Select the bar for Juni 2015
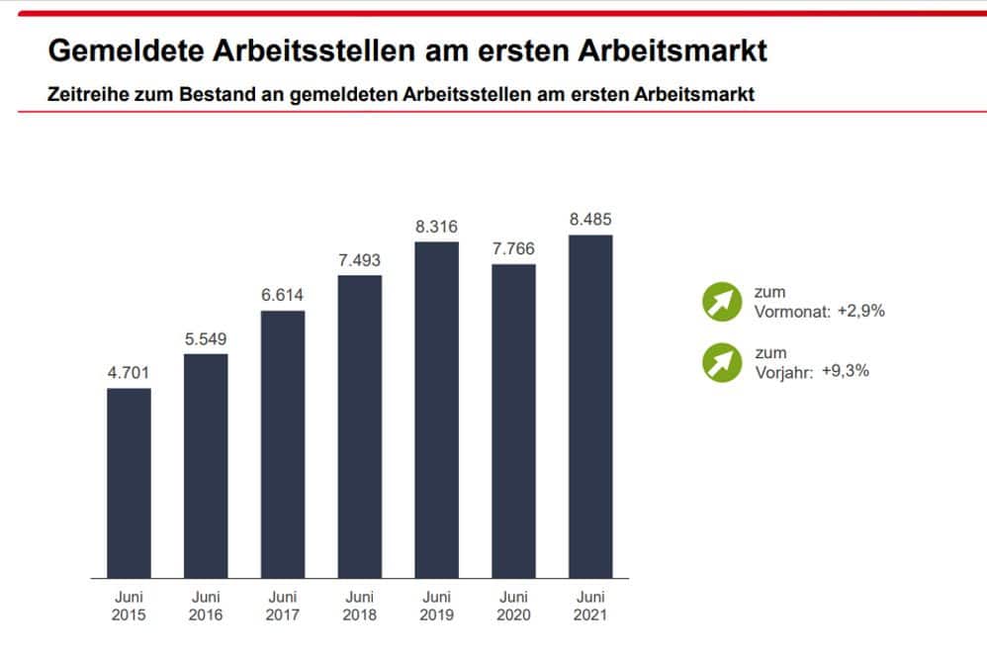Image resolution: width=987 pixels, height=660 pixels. tap(129, 483)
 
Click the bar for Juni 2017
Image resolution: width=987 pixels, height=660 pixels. tap(283, 444)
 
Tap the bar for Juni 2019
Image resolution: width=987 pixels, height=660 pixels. tap(437, 410)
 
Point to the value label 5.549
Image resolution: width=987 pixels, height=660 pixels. tap(206, 339)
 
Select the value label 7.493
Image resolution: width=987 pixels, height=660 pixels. tap(360, 260)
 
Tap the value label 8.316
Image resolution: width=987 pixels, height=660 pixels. tap(437, 227)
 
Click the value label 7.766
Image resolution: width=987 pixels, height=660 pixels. tap(513, 248)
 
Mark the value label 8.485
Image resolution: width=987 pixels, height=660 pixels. tap(590, 220)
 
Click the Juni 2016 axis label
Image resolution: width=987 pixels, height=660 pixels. tap(206, 606)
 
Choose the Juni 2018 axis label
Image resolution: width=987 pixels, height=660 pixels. tap(360, 606)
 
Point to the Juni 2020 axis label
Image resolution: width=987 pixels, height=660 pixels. tap(513, 606)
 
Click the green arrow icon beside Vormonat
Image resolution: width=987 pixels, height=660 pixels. tap(722, 301)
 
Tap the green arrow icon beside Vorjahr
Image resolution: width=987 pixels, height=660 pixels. tap(722, 362)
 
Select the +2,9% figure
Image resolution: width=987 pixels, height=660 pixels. tap(860, 311)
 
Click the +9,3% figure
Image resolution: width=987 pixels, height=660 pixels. tap(847, 371)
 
